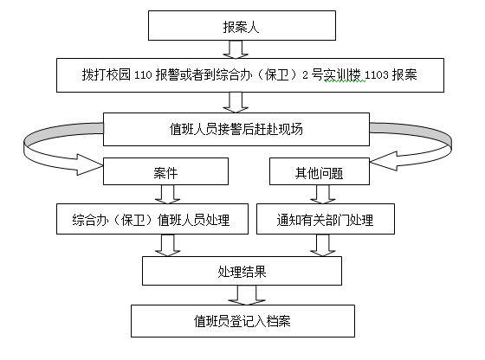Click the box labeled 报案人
pos(242,26)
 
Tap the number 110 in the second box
pos(143,75)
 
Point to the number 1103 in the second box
pos(376,75)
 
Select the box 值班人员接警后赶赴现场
pos(236,129)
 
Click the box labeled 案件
pos(165,171)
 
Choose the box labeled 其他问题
pos(320,171)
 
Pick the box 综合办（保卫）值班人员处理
pos(152,219)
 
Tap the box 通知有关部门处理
pos(326,219)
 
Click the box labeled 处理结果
pos(242,271)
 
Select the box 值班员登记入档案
pos(242,321)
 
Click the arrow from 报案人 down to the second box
pos(236,49)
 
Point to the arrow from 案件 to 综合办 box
pos(168,195)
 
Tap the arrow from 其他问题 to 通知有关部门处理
pos(323,195)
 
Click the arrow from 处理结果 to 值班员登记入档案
pos(247,295)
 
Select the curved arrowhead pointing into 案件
pos(90,164)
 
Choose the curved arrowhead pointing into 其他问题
pos(384,161)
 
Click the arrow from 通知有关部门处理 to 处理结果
pos(323,246)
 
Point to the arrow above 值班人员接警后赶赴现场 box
pos(236,102)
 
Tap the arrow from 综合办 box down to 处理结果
pos(168,246)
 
